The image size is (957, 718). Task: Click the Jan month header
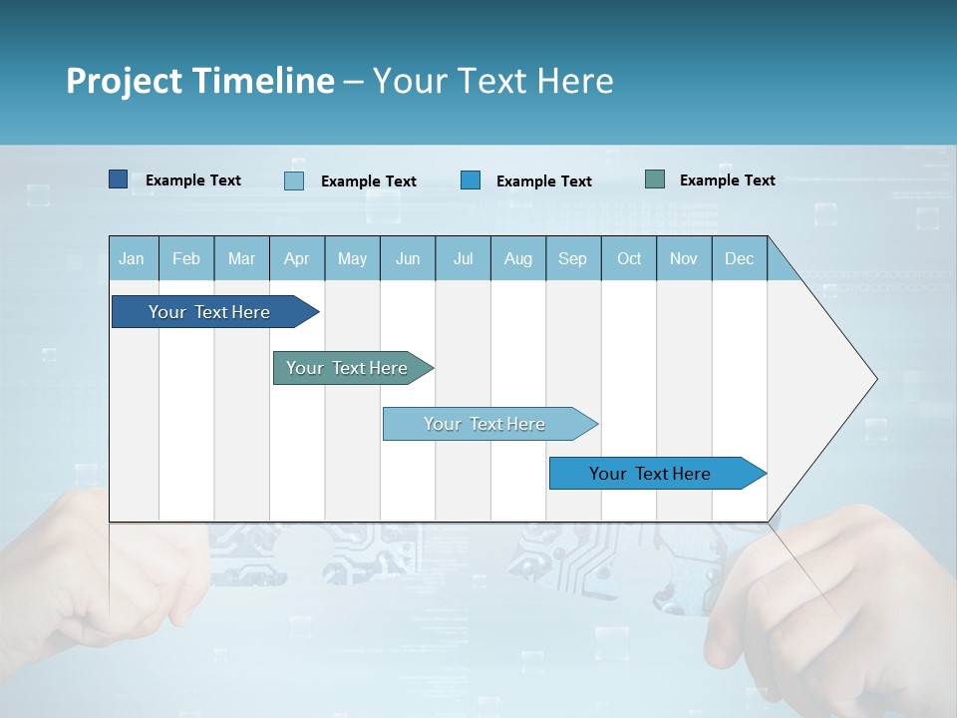pos(132,258)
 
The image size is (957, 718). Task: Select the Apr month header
pos(296,258)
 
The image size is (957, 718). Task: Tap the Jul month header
pos(463,258)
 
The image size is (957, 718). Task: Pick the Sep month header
pos(572,258)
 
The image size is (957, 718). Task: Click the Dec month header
pos(739,258)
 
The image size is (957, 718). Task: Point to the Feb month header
pos(186,258)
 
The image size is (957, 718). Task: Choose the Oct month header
pos(629,258)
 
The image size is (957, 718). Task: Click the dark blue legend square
pos(118,179)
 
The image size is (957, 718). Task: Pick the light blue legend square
pos(294,180)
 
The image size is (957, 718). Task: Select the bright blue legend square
pos(471,180)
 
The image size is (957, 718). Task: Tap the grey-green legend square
pos(655,179)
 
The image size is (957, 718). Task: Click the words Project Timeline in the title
pos(200,81)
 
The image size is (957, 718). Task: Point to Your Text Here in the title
pos(492,81)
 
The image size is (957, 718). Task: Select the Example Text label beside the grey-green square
pos(727,179)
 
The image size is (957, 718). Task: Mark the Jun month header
pos(408,258)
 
